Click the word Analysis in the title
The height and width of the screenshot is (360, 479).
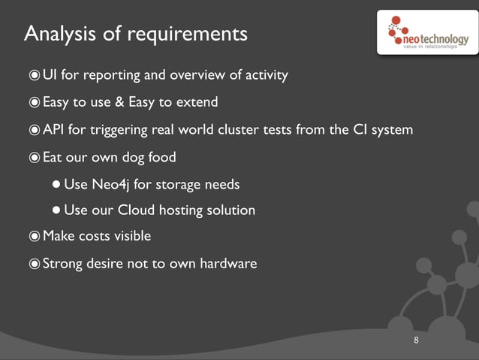(x=57, y=34)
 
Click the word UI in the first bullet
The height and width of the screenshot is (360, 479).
(x=50, y=75)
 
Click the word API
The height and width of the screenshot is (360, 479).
(x=53, y=130)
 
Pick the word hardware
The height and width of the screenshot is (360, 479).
(x=228, y=263)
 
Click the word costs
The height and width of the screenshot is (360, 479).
(x=94, y=236)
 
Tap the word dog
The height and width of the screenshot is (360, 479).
(x=135, y=157)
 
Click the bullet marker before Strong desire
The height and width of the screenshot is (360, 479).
(x=35, y=263)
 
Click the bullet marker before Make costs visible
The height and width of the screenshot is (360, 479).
(x=35, y=236)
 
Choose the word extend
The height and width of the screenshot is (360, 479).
(x=197, y=102)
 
